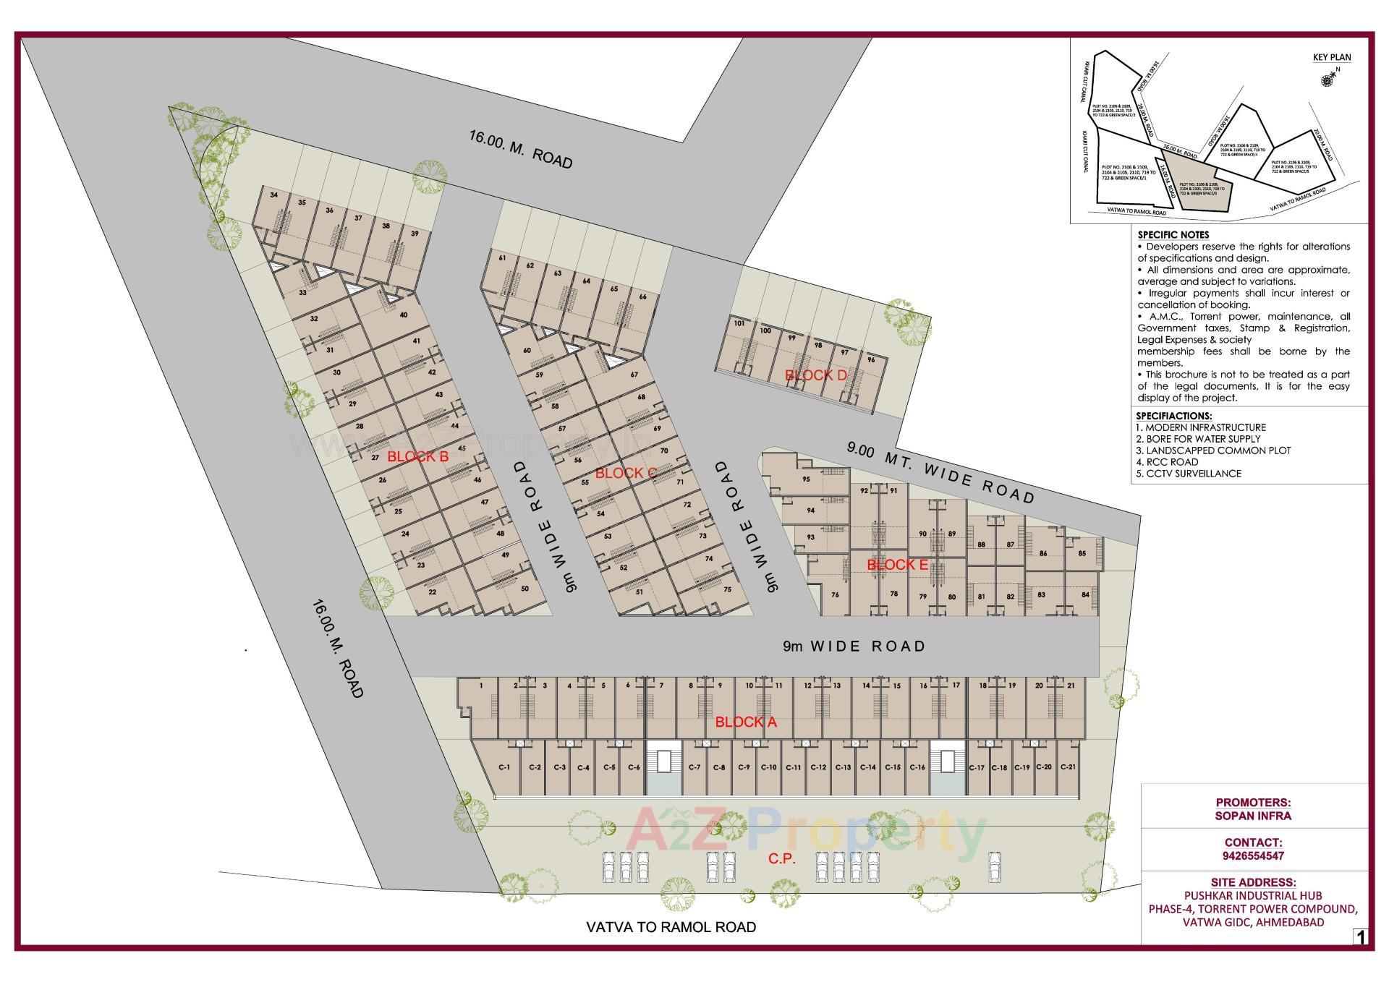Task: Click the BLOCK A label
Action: click(x=745, y=722)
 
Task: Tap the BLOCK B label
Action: click(x=417, y=456)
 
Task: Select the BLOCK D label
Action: click(x=815, y=375)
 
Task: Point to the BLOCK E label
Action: click(x=897, y=565)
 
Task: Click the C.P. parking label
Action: click(x=781, y=859)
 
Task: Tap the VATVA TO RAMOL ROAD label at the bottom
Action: click(x=671, y=927)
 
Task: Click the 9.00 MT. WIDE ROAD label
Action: click(x=941, y=472)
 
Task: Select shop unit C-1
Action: click(x=504, y=767)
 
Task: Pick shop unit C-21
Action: click(x=1067, y=767)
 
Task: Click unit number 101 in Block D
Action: click(x=739, y=323)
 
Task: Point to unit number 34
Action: click(x=273, y=195)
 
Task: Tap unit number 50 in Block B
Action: click(x=524, y=589)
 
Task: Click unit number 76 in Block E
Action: click(x=835, y=595)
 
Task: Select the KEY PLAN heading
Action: click(x=1331, y=57)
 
